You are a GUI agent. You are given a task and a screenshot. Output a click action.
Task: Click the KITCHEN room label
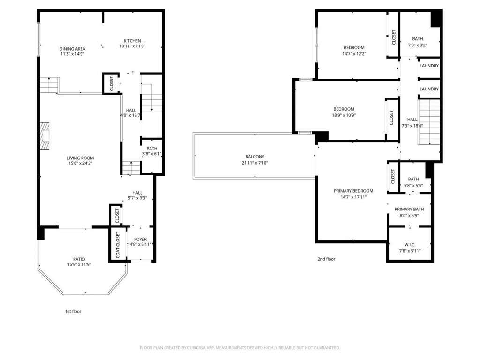pyautogui.click(x=132, y=41)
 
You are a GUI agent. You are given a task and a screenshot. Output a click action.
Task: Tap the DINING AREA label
pyautogui.click(x=72, y=49)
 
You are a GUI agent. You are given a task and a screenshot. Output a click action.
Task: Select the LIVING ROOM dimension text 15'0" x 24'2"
pyautogui.click(x=81, y=163)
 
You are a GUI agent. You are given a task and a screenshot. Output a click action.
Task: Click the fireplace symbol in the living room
pyautogui.click(x=45, y=135)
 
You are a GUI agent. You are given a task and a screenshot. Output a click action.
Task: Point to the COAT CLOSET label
pyautogui.click(x=118, y=245)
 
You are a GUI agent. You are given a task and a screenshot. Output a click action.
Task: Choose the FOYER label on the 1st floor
pyautogui.click(x=141, y=239)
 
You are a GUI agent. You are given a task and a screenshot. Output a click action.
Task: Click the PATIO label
pyautogui.click(x=79, y=259)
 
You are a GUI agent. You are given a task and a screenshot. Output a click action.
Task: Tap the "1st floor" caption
pyautogui.click(x=73, y=311)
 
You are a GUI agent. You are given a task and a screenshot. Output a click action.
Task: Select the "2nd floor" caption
pyautogui.click(x=326, y=259)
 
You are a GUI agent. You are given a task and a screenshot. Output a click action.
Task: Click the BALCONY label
pyautogui.click(x=255, y=157)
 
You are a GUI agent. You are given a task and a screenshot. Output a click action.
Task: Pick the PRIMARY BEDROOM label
pyautogui.click(x=353, y=191)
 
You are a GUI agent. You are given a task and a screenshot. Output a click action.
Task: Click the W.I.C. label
pyautogui.click(x=410, y=245)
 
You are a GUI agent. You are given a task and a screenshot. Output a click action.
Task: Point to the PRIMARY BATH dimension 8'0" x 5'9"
pyautogui.click(x=409, y=216)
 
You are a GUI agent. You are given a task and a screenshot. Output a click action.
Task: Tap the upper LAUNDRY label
pyautogui.click(x=429, y=66)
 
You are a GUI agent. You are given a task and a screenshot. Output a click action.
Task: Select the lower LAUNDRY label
pyautogui.click(x=429, y=89)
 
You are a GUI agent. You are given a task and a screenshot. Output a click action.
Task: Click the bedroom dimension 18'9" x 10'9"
pyautogui.click(x=344, y=115)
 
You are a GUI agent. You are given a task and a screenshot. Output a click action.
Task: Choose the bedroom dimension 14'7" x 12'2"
pyautogui.click(x=354, y=54)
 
